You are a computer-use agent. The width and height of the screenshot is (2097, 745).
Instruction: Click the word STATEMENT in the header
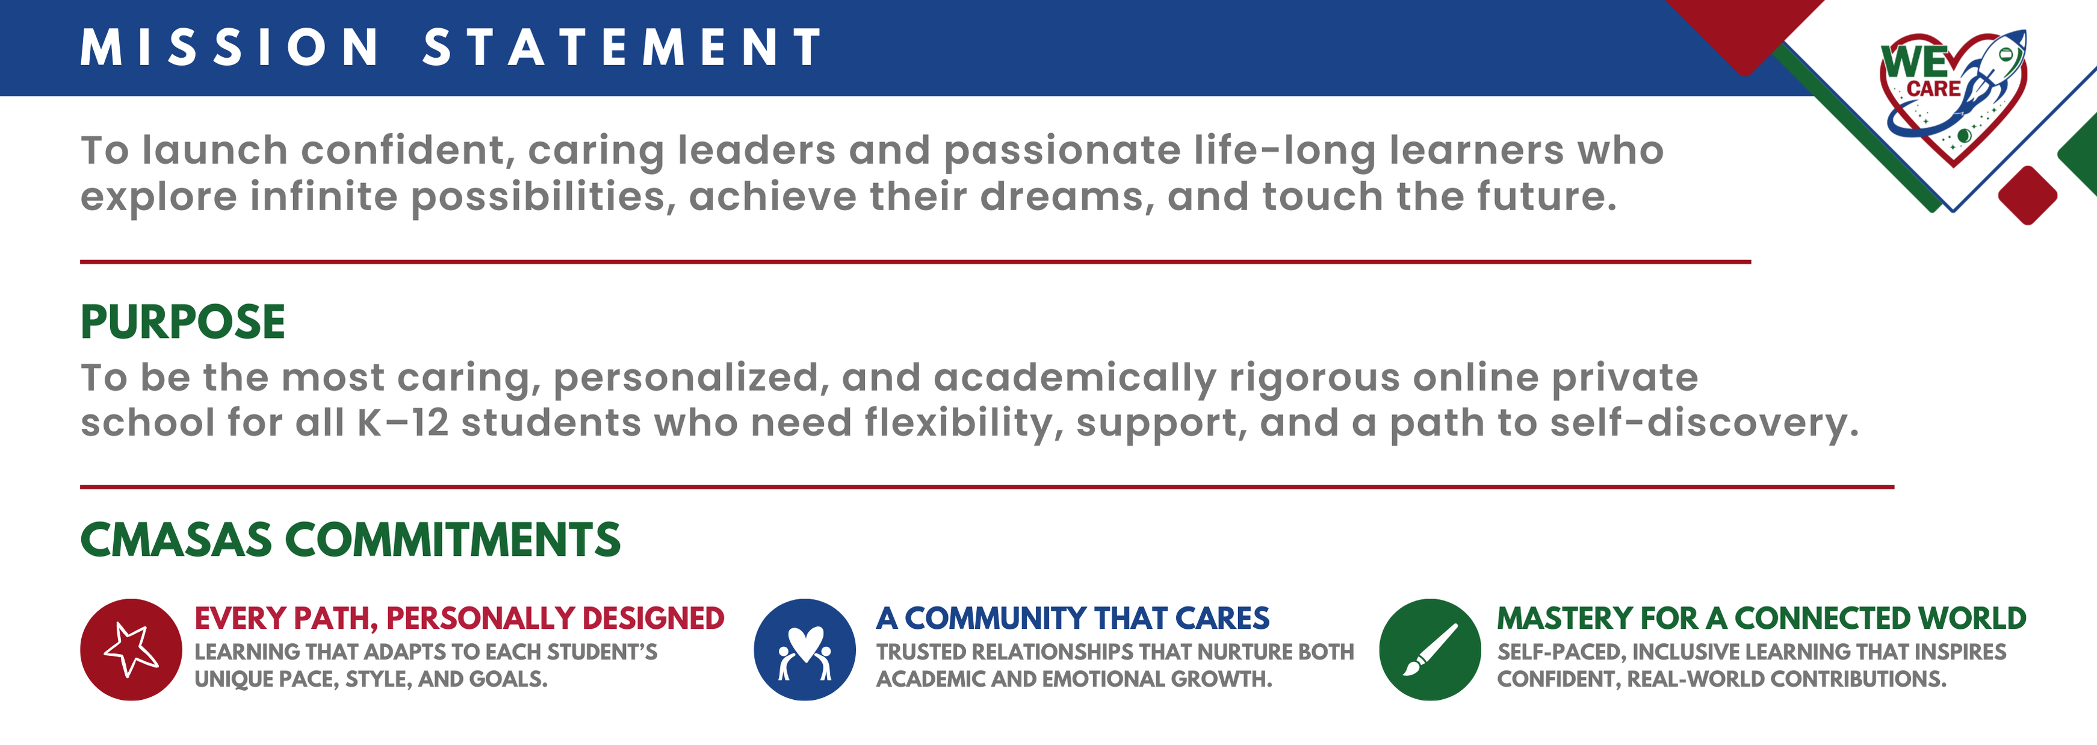click(623, 47)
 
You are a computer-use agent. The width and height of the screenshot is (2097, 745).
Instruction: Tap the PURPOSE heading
click(183, 322)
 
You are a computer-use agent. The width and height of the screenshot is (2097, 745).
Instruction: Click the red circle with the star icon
click(131, 650)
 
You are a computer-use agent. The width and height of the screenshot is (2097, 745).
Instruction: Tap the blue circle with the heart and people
click(804, 650)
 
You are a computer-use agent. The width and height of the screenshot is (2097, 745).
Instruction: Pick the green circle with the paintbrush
click(1429, 650)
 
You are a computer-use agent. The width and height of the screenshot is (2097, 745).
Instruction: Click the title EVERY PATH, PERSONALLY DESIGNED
click(459, 619)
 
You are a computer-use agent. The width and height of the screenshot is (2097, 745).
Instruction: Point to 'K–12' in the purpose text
click(403, 423)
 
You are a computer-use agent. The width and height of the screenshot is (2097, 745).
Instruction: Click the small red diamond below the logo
click(2028, 195)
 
